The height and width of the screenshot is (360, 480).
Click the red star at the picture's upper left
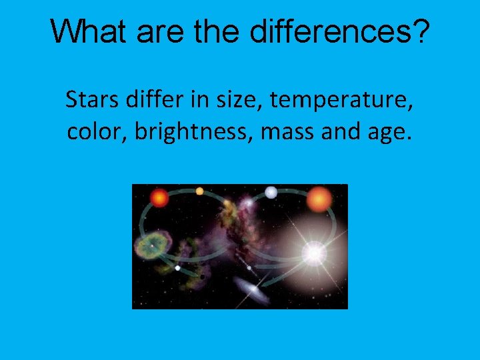click(159, 197)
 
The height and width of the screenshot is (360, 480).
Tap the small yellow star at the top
click(199, 191)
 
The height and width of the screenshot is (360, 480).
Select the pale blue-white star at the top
click(271, 193)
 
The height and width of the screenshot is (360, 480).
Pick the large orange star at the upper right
click(319, 199)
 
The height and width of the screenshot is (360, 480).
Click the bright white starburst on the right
click(313, 253)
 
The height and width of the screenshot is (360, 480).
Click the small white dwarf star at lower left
click(177, 268)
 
